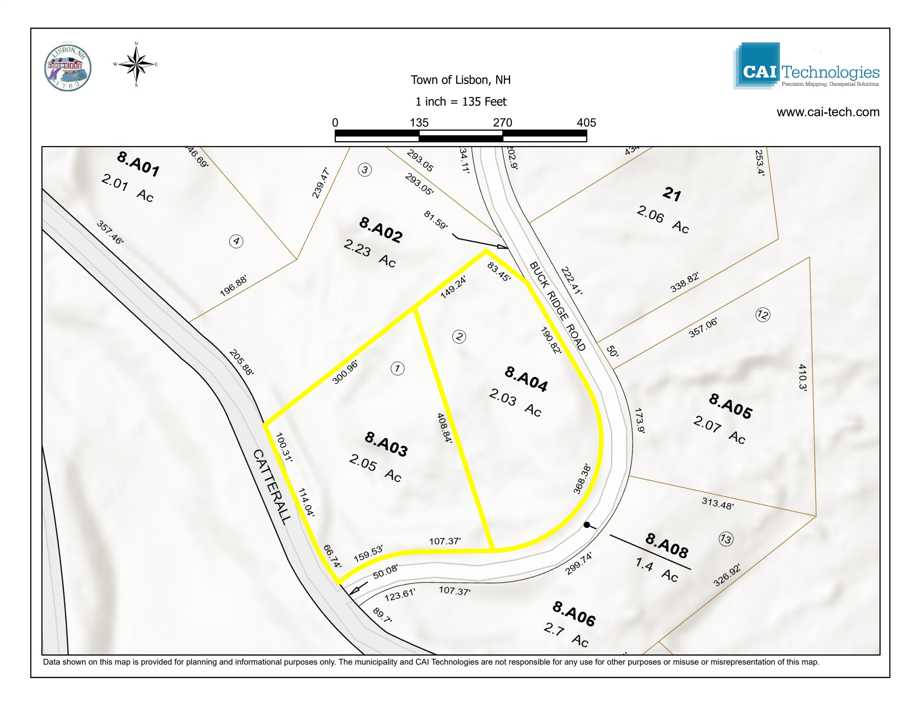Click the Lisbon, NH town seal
pos(68,68)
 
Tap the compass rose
pos(136,64)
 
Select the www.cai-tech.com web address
pos(828,112)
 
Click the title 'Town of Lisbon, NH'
pos(460,80)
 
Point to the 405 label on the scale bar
pos(586,123)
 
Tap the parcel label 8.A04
pos(526,379)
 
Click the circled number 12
pos(763,315)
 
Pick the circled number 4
pos(236,241)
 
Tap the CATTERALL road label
pos(272,486)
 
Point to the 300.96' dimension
pos(345,372)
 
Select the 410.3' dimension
pos(802,377)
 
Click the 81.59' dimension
pos(436,220)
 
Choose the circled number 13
pos(726,539)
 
